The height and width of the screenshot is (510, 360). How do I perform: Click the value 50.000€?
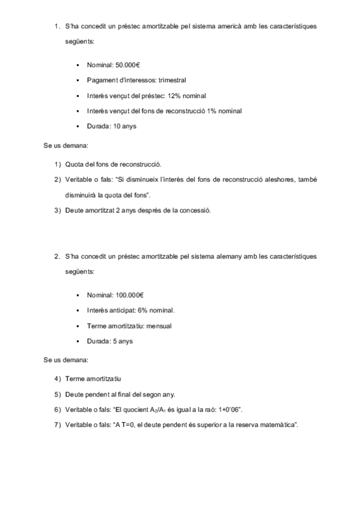click(128, 64)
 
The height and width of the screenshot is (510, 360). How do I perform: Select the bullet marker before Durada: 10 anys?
click(79, 126)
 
